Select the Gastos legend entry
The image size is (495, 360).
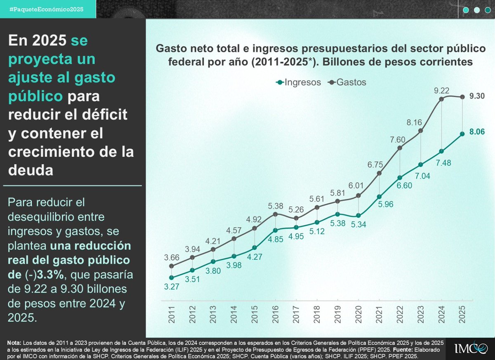click(347, 82)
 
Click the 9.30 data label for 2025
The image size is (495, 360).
click(476, 96)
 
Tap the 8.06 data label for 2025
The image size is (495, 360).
click(476, 132)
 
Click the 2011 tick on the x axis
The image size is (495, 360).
click(172, 314)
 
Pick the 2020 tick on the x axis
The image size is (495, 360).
click(358, 314)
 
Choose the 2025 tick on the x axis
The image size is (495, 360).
click(462, 314)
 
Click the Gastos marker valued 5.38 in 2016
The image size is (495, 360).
click(275, 214)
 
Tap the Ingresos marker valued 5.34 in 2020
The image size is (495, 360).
click(358, 215)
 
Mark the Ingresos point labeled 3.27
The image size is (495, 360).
click(172, 278)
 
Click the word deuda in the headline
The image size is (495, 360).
click(31, 170)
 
